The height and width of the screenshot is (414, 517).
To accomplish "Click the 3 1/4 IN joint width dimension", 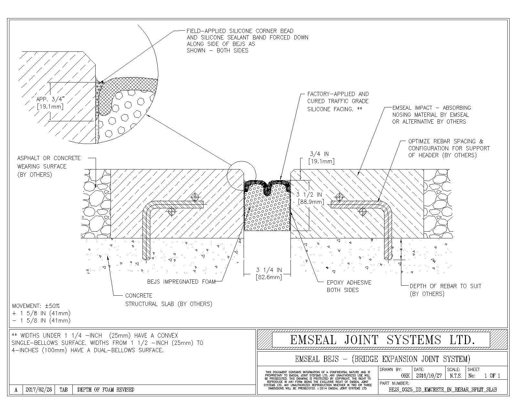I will pyautogui.click(x=269, y=273).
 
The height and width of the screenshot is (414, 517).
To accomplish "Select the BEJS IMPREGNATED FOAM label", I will pyautogui.click(x=181, y=282).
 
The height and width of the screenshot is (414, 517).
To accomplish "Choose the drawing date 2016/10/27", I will pyautogui.click(x=428, y=376).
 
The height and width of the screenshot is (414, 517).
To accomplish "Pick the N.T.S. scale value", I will pyautogui.click(x=455, y=376).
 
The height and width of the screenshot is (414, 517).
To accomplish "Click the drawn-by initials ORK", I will pyautogui.click(x=405, y=376).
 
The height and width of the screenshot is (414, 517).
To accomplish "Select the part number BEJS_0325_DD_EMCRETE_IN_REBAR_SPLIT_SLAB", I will pyautogui.click(x=443, y=390).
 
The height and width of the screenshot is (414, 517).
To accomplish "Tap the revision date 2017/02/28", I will pyautogui.click(x=38, y=390).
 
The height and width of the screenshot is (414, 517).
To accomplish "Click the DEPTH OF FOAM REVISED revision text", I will pyautogui.click(x=106, y=390).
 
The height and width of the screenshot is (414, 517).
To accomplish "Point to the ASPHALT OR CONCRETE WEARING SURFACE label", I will pyautogui.click(x=49, y=166).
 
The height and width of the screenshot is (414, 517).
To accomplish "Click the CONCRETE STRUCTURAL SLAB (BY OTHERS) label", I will pyautogui.click(x=168, y=300).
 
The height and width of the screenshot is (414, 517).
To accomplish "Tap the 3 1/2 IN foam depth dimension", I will pyautogui.click(x=310, y=198).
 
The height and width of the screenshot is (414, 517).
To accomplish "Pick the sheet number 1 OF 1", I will pyautogui.click(x=492, y=376).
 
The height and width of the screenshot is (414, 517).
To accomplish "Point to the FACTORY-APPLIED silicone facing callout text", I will pyautogui.click(x=337, y=102).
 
